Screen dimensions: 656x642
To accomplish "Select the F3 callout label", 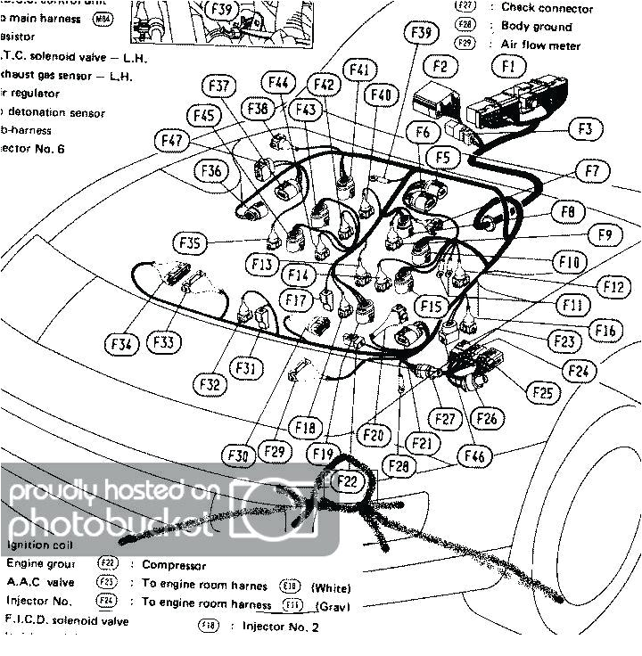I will click(x=583, y=128).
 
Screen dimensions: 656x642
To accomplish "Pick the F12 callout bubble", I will click(x=613, y=286).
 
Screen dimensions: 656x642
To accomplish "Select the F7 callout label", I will click(x=592, y=169).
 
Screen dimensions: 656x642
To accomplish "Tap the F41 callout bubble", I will click(x=359, y=69).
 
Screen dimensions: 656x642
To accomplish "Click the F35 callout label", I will click(x=193, y=242).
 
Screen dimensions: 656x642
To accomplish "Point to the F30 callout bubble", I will click(x=237, y=455).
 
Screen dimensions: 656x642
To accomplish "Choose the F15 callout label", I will click(x=430, y=306).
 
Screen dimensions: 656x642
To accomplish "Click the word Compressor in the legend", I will click(x=174, y=565).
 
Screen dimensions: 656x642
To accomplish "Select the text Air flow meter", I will click(x=540, y=45).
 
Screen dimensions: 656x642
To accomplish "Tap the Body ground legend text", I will click(x=536, y=27).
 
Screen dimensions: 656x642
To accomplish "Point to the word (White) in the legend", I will click(x=331, y=588).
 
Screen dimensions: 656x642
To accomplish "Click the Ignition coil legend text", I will click(x=41, y=544).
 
